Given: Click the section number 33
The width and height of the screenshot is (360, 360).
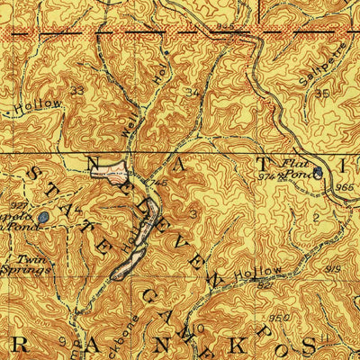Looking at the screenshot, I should point(78,91).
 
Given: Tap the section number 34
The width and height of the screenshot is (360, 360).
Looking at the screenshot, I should point(191,92).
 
